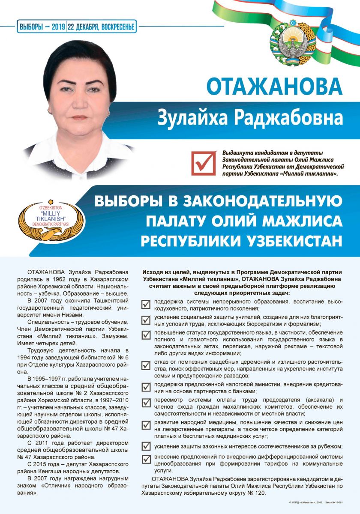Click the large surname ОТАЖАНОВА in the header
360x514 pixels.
point(274,86)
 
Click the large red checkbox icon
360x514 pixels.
point(204,163)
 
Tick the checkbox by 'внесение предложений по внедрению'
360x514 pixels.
point(146,458)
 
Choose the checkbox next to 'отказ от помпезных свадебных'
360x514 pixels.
point(146,366)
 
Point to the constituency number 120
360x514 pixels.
point(260,493)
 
